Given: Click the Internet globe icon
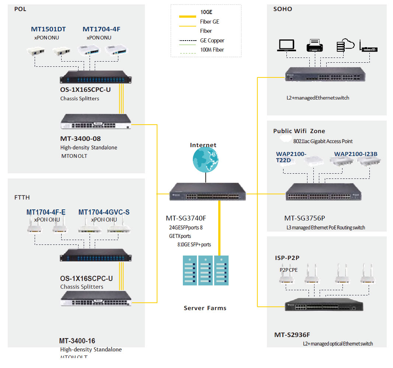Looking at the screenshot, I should pos(205,160).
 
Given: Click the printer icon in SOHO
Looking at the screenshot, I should pos(315,46).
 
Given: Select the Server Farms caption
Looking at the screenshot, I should pos(205,308).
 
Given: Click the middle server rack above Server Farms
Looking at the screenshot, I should pos(205,271).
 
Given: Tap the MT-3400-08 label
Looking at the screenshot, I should pos(80,139).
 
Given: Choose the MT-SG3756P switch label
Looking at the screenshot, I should pos(305,218).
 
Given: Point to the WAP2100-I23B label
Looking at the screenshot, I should pos(356,154).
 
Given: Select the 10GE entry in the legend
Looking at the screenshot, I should pos(206,12).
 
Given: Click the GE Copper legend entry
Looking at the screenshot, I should pos(212,41).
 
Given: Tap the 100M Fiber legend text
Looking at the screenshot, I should pos(212,50).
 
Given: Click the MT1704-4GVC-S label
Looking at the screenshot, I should pos(104,212).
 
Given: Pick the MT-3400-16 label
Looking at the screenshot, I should pos(77,341).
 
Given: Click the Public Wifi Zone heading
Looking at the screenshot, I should pos(299,131).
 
